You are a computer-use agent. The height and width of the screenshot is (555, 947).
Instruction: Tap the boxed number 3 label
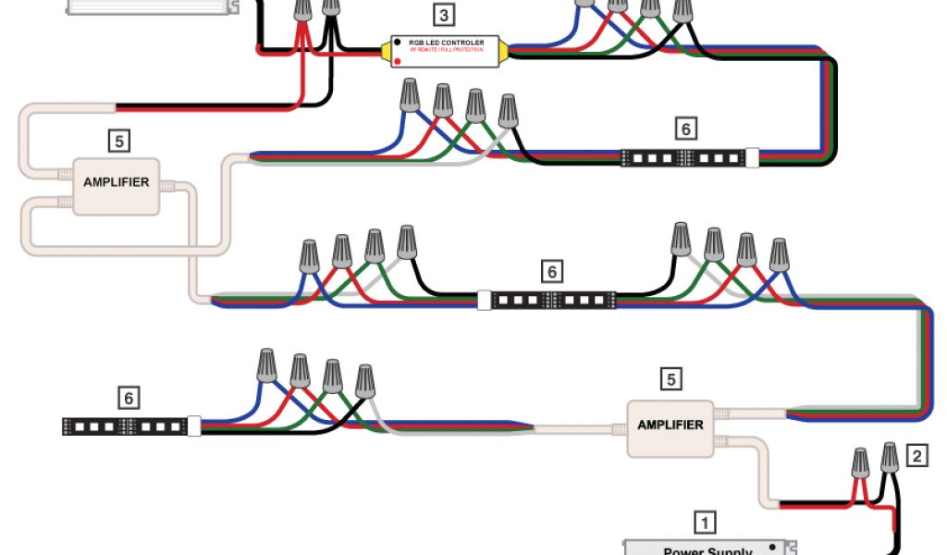pos(445,15)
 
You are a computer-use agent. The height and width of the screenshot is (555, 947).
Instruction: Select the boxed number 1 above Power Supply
pos(705,523)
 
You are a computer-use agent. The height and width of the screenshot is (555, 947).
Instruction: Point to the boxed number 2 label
pos(916,455)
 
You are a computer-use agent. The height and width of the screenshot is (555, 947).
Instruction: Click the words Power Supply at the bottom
pos(708,550)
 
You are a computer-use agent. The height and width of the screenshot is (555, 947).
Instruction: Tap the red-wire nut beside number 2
pos(860,461)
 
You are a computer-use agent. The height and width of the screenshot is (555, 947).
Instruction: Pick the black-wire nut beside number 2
pos(890,457)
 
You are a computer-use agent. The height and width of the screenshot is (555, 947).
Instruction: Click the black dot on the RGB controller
pos(397,43)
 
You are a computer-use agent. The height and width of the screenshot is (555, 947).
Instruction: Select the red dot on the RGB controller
pos(397,60)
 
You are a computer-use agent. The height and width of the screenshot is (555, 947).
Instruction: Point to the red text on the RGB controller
pos(448,50)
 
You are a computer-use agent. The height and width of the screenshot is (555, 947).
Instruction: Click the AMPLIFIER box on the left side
pos(116,183)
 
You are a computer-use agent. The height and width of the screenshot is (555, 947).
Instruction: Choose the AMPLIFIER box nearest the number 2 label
pos(670,426)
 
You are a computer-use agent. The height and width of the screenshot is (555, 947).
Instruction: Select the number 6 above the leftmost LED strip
pos(129,398)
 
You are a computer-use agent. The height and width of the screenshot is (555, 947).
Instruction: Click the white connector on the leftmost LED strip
pos(194,426)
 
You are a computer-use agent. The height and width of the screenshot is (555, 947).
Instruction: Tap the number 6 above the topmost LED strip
pos(685,129)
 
